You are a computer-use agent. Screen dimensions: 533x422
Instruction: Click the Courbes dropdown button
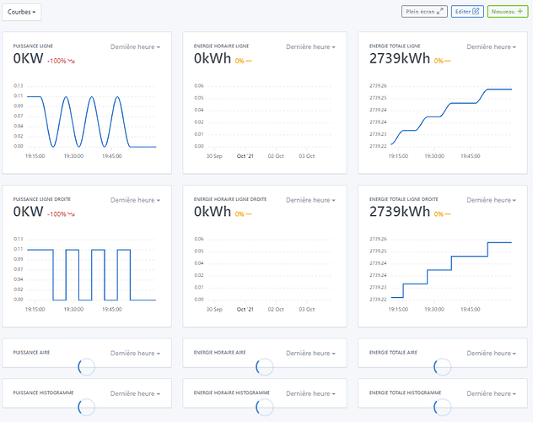coord(22,13)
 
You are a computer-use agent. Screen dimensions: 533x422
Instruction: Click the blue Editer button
coord(467,12)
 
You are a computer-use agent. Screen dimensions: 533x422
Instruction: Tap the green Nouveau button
coord(508,12)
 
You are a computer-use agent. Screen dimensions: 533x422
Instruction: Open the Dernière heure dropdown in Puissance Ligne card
coord(135,47)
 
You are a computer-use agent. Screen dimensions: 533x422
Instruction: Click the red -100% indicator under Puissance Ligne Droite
coord(61,214)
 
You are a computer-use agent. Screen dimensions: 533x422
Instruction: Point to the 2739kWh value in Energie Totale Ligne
coord(400,58)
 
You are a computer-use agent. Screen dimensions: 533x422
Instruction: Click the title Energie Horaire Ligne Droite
coord(230,199)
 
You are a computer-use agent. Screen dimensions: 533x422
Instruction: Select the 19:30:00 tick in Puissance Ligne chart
coord(73,156)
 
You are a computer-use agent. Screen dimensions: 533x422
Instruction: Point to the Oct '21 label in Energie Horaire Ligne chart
coord(245,156)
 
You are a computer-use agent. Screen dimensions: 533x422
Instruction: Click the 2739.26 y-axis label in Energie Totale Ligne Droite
coord(378,239)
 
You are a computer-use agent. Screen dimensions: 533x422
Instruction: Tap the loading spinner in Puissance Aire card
coord(86,366)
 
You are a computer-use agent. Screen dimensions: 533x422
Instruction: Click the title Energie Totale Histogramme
coord(405,392)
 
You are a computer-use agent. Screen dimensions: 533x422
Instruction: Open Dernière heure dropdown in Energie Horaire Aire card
coord(310,354)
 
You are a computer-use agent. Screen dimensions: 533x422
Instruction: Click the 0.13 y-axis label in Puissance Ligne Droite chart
coord(19,239)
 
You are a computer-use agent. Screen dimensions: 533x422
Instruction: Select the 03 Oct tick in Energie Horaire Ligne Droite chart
coord(307,310)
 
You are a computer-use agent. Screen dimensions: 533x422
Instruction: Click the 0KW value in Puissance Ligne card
coord(28,58)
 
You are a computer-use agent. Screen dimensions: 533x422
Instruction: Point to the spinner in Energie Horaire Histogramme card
coord(265,407)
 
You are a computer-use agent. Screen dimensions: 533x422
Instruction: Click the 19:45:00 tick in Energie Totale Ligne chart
coord(470,156)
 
